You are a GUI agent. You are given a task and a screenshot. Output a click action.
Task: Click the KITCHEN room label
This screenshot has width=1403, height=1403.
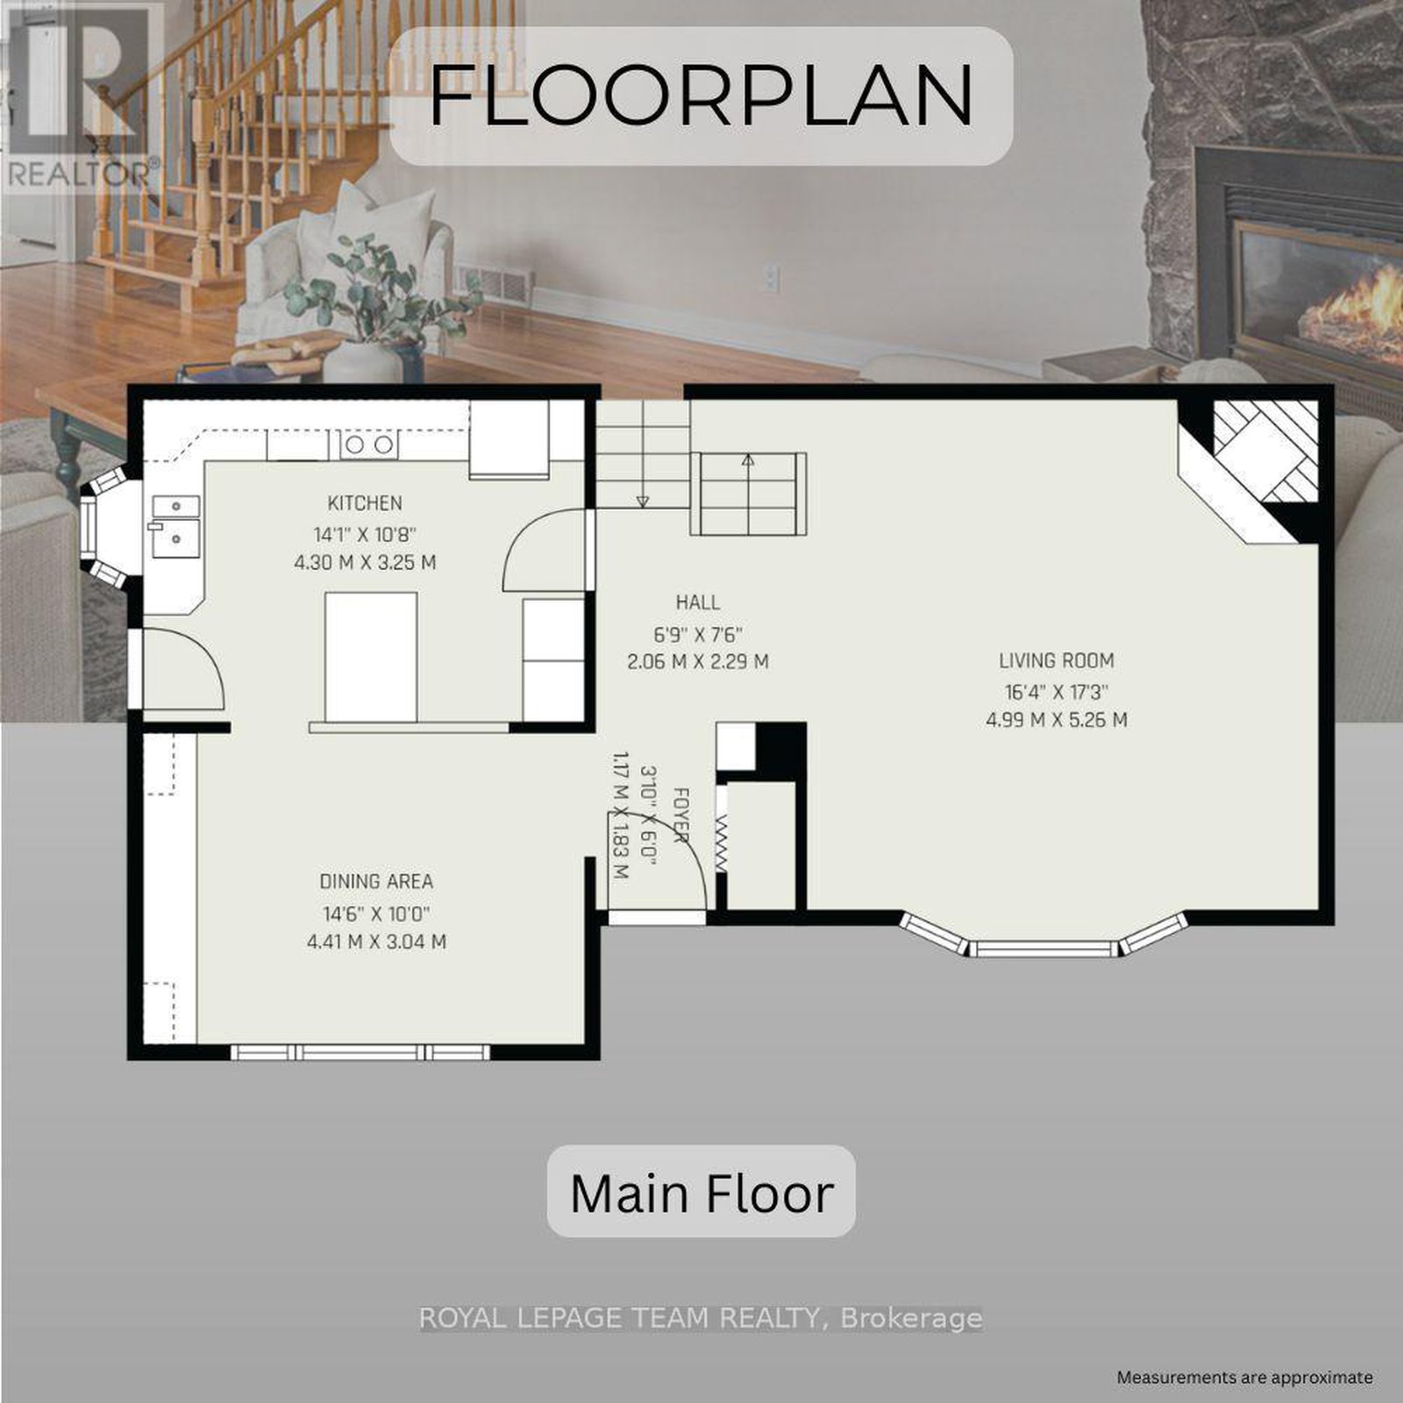click(365, 503)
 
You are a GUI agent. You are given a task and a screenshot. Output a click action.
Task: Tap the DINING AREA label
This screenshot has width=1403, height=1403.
click(376, 881)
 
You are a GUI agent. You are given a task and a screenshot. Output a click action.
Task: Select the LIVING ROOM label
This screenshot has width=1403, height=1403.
click(1057, 660)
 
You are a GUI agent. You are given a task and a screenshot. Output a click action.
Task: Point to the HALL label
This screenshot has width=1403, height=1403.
click(698, 602)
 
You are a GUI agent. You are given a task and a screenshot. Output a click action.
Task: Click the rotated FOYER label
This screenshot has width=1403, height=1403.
click(680, 815)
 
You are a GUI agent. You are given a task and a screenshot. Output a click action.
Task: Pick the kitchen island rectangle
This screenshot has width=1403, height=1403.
click(371, 656)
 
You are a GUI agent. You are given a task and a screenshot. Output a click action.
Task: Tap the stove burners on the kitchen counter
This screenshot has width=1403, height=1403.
click(368, 445)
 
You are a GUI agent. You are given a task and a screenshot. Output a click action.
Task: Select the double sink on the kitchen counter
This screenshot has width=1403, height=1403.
click(176, 526)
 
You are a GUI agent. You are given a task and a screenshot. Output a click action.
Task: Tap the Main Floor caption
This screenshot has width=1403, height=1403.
click(701, 1193)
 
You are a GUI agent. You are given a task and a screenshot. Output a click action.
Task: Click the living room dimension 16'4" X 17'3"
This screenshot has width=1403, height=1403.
click(1057, 691)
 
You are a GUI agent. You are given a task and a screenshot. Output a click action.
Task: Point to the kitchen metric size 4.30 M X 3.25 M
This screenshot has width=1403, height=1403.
click(365, 562)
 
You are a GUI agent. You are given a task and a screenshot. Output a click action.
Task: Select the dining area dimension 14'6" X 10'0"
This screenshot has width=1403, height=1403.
click(376, 913)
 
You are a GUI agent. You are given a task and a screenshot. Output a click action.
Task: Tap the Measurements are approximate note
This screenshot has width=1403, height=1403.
click(1244, 1378)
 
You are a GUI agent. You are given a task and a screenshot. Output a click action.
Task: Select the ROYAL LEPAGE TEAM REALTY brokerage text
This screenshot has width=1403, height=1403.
click(701, 1318)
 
